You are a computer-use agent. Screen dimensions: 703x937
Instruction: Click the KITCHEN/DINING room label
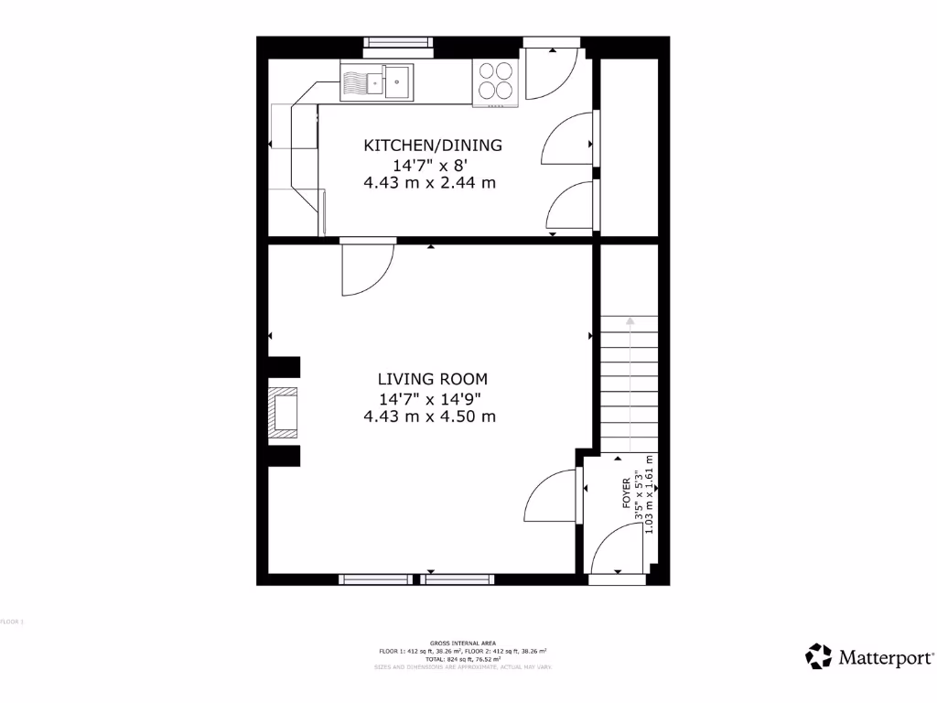[433, 145]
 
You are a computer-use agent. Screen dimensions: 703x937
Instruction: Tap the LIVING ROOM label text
[433, 378]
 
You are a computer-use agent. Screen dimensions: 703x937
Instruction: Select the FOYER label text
[627, 493]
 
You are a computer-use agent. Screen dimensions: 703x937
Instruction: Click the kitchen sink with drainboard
[376, 81]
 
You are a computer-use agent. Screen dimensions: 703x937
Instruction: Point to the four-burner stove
[495, 81]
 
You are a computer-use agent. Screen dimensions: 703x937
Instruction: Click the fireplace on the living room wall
[285, 412]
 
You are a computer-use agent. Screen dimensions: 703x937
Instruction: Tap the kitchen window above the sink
[398, 41]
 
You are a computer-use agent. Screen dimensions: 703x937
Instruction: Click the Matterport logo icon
[818, 655]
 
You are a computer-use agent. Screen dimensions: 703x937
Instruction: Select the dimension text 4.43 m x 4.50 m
[430, 416]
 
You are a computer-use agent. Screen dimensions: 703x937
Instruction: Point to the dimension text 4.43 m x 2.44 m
[430, 182]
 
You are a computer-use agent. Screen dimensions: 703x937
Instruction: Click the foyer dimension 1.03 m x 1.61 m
[650, 507]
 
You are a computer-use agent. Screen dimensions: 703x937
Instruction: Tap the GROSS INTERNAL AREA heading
[463, 643]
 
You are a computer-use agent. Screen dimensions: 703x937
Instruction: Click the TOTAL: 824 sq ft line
[463, 658]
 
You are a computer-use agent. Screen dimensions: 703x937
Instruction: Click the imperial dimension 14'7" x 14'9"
[430, 398]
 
